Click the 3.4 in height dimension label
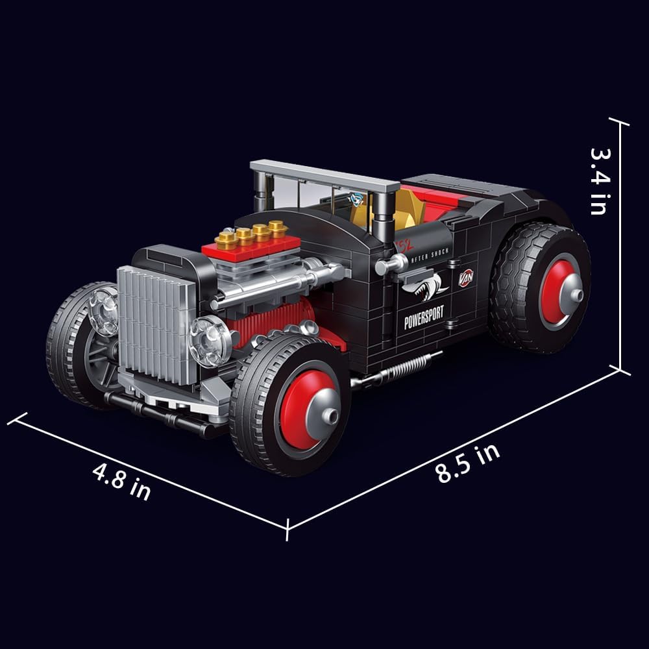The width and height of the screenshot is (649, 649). point(598,180)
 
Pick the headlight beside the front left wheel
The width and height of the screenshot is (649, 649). point(104,310)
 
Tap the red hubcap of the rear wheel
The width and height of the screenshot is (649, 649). point(559,291)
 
